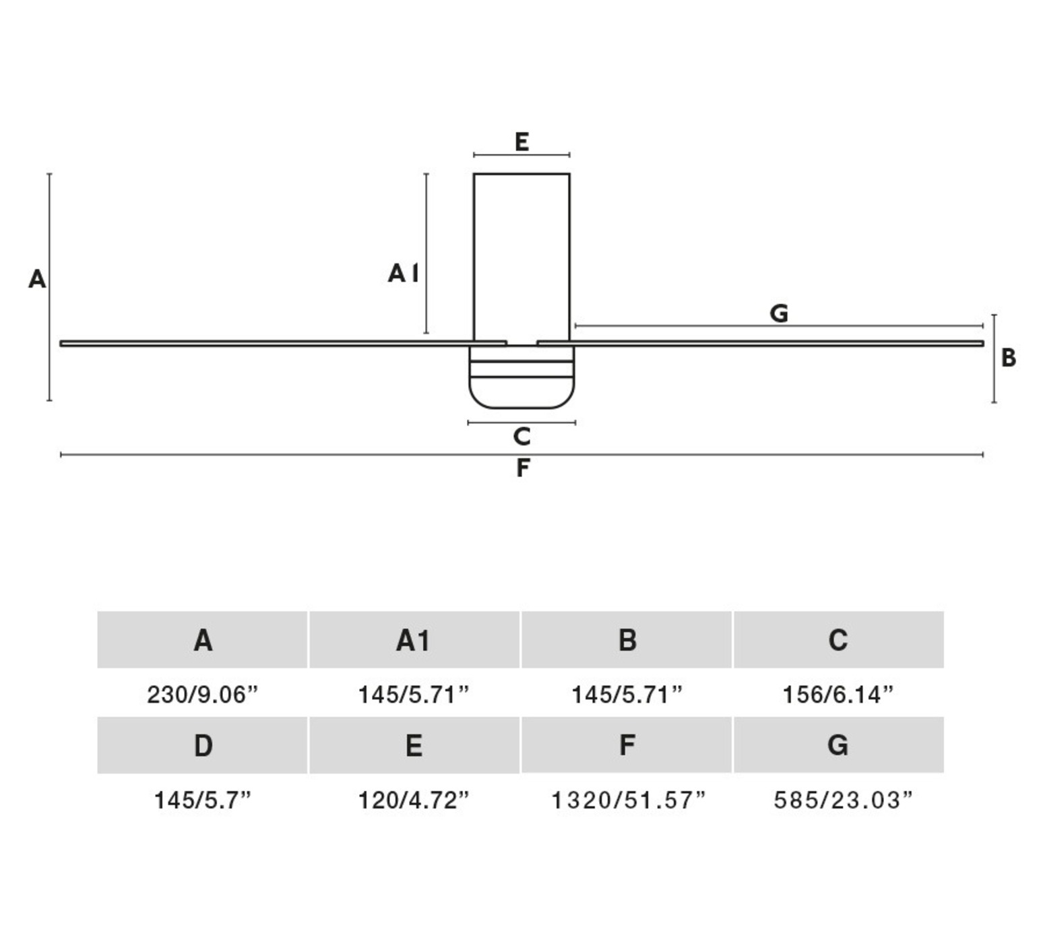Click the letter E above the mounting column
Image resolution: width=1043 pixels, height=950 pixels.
pyautogui.click(x=521, y=142)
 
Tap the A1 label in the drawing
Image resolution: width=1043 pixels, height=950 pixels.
pyautogui.click(x=403, y=273)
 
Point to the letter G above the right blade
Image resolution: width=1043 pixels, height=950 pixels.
pyautogui.click(x=778, y=313)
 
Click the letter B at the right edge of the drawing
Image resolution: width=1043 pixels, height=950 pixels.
pyautogui.click(x=1008, y=358)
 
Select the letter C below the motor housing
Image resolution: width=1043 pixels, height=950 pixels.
pyautogui.click(x=521, y=437)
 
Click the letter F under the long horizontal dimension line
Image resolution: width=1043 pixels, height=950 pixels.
pyautogui.click(x=522, y=468)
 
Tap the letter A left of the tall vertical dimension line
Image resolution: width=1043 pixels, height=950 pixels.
pyautogui.click(x=37, y=279)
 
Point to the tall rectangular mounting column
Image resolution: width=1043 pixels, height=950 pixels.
pyautogui.click(x=521, y=256)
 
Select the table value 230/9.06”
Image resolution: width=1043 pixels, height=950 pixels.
pyautogui.click(x=203, y=694)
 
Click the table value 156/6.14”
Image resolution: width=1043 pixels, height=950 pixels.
pyautogui.click(x=838, y=694)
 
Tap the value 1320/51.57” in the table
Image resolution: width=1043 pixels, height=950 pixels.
pyautogui.click(x=628, y=800)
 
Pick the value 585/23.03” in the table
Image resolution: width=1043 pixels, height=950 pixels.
pyautogui.click(x=842, y=800)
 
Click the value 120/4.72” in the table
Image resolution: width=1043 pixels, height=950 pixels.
pyautogui.click(x=414, y=800)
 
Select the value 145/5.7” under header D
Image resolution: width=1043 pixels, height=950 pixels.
pyautogui.click(x=203, y=800)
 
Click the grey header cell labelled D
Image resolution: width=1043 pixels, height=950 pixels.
pyautogui.click(x=203, y=745)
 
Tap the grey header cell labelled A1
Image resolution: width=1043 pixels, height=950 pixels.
pyautogui.click(x=414, y=640)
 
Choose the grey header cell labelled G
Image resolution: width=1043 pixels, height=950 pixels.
pyautogui.click(x=838, y=745)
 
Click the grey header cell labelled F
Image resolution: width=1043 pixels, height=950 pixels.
pyautogui.click(x=627, y=745)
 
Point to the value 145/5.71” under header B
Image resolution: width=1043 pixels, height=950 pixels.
pyautogui.click(x=627, y=694)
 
